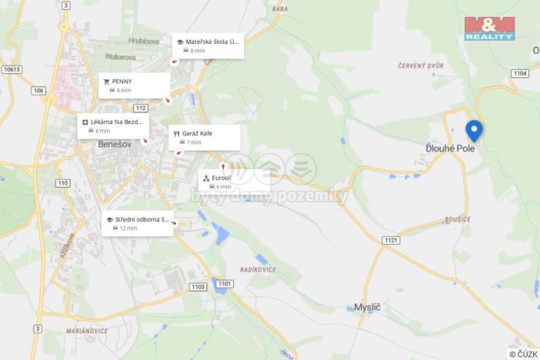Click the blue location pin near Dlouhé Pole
pos(474,130)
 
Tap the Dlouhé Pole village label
pos(451,148)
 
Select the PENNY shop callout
pos(134,85)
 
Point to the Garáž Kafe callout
pos(204,137)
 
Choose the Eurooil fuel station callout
pos(233,181)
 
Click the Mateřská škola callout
pos(208,45)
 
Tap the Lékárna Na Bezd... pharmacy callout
pos(114,125)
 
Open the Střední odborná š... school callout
pos(138,223)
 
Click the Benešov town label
pos(117,144)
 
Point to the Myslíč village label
pos(367,306)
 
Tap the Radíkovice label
pos(258,269)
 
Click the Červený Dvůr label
pos(422,66)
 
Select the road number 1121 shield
pos(391,240)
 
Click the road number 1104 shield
pos(520,73)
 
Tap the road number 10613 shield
pos(12,69)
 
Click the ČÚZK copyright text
pos(523,354)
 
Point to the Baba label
pos(280,9)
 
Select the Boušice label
pos(457,219)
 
